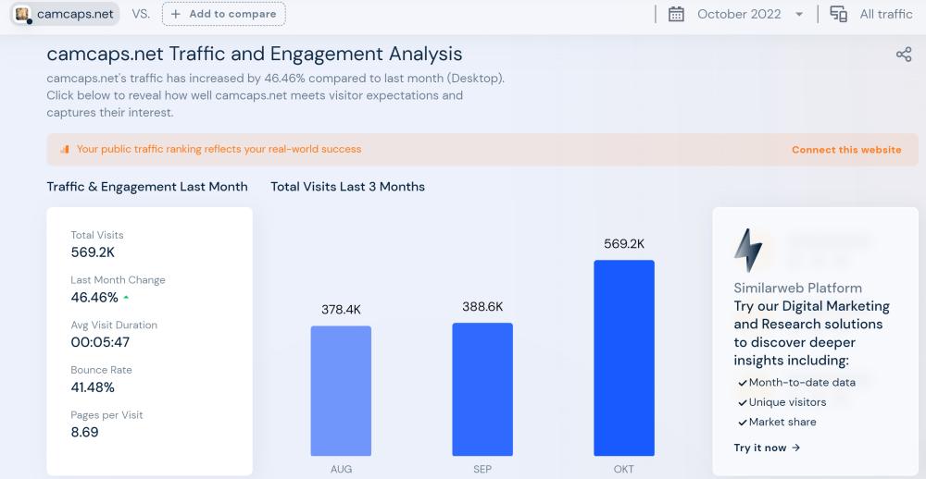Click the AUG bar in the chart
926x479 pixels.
[x=341, y=390]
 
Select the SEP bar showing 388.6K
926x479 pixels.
[x=482, y=388]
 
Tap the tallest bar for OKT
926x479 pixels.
[x=624, y=358]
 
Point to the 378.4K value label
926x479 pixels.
[x=341, y=310]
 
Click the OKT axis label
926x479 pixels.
[x=624, y=470]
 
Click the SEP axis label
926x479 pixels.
[x=482, y=470]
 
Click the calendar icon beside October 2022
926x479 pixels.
[x=676, y=14]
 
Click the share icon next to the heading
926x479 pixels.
[x=904, y=55]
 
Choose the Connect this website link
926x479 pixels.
[x=846, y=150]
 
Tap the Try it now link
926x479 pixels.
[x=767, y=448]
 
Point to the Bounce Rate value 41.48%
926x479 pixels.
[x=93, y=387]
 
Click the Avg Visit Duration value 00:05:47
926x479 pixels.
[x=101, y=342]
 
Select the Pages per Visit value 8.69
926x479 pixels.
[x=84, y=432]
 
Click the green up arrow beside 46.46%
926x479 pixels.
[x=126, y=298]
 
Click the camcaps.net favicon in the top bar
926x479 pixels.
[x=22, y=14]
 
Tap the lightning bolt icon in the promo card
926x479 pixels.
[x=748, y=250]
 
